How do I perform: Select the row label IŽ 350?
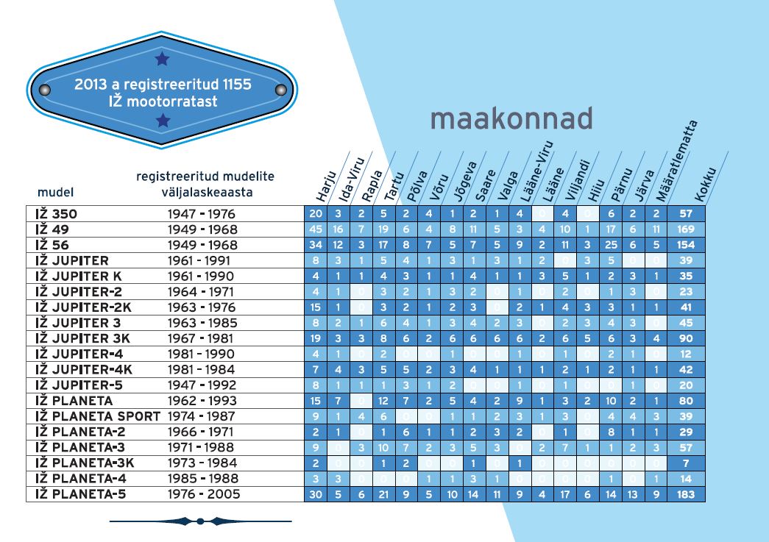click(56, 214)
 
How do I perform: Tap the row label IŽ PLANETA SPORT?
click(97, 416)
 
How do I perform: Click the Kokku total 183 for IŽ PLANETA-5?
click(686, 494)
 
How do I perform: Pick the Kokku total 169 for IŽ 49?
click(686, 229)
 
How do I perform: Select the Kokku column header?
click(706, 188)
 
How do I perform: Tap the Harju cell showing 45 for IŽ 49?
click(316, 229)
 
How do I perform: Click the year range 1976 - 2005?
click(204, 494)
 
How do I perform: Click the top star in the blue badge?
click(163, 57)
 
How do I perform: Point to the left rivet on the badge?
click(44, 90)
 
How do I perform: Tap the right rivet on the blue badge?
click(280, 90)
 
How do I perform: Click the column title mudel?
click(54, 193)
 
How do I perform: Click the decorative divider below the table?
click(200, 521)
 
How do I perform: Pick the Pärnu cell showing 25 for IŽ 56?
click(611, 245)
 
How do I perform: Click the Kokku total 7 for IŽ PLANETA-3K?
click(686, 463)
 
